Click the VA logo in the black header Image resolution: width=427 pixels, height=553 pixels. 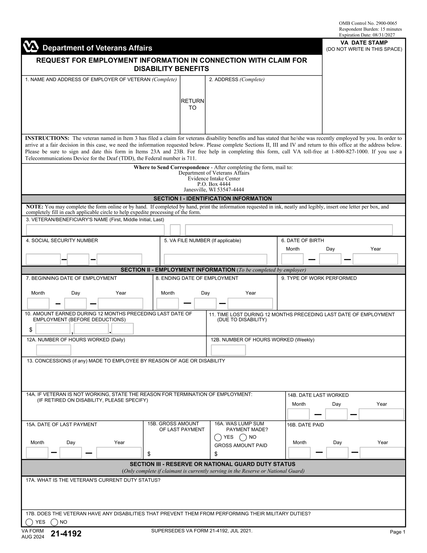click(x=31, y=47)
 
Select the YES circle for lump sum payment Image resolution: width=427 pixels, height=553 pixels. click(x=218, y=437)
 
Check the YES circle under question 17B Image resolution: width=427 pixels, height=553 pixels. click(x=29, y=522)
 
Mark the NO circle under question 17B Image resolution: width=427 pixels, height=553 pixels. click(x=54, y=522)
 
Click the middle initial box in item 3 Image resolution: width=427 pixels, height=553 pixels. click(x=175, y=230)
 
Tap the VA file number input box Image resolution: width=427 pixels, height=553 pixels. click(x=215, y=259)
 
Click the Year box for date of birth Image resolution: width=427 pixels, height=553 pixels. click(x=375, y=259)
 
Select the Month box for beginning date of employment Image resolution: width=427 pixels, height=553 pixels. click(x=38, y=304)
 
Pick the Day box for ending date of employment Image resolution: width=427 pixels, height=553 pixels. click(x=205, y=304)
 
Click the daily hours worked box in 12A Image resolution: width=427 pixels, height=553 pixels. click(x=54, y=350)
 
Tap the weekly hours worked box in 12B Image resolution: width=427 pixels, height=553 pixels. click(x=228, y=350)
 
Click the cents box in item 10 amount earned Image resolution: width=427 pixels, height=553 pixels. click(x=122, y=329)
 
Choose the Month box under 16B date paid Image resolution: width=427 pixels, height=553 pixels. click(x=299, y=453)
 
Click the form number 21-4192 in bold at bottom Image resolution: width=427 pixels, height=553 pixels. click(x=66, y=534)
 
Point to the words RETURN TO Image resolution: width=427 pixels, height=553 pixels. click(x=192, y=104)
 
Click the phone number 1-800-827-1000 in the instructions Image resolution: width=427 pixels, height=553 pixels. click(x=350, y=152)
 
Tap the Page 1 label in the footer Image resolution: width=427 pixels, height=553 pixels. click(x=397, y=532)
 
